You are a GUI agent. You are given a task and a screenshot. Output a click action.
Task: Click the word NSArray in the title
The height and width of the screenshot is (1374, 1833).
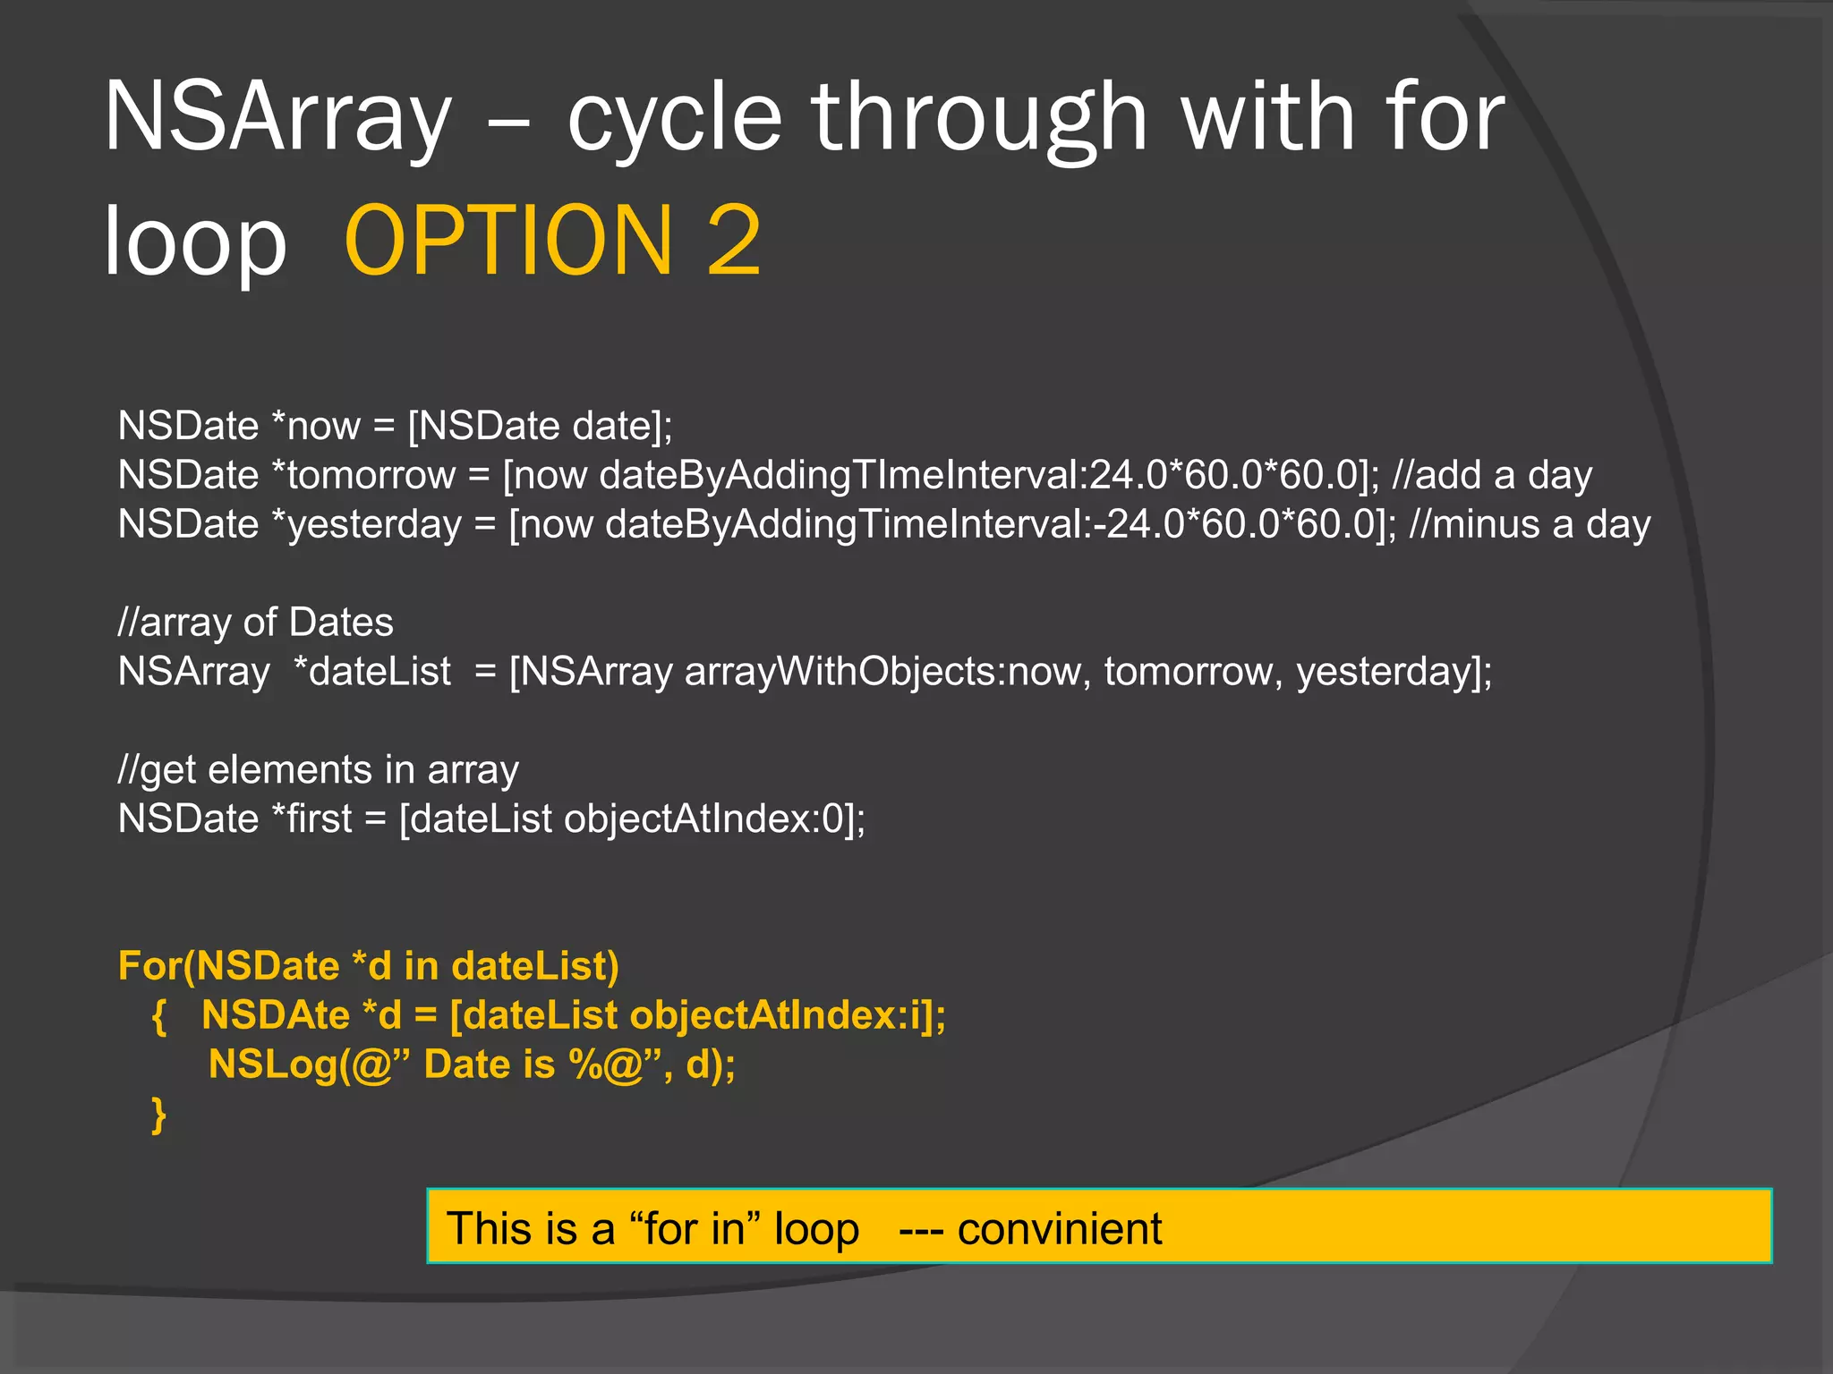pyautogui.click(x=278, y=117)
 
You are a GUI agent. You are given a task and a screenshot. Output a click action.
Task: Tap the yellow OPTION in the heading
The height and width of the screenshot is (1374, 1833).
pyautogui.click(x=507, y=241)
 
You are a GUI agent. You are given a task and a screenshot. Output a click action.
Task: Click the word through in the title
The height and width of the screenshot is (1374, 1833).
pyautogui.click(x=979, y=117)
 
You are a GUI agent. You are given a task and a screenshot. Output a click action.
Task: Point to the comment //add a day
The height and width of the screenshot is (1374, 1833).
pyautogui.click(x=1492, y=475)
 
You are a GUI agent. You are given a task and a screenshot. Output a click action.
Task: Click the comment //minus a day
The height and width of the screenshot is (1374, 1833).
pyautogui.click(x=1529, y=524)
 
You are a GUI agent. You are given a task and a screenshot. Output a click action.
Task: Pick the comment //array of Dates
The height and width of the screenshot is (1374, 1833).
pyautogui.click(x=255, y=623)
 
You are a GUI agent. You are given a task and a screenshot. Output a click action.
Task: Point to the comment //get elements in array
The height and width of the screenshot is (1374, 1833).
pyautogui.click(x=318, y=770)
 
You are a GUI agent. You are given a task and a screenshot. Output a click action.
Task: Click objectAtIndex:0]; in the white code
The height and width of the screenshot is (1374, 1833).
pyautogui.click(x=714, y=819)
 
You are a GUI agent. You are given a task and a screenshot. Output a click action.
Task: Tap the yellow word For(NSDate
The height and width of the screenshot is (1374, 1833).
pyautogui.click(x=229, y=967)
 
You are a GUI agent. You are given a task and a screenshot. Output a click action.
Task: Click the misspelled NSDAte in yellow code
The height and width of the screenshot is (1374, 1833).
pyautogui.click(x=276, y=1015)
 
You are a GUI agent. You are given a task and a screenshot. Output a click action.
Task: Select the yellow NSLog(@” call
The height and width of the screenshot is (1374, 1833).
pyautogui.click(x=309, y=1064)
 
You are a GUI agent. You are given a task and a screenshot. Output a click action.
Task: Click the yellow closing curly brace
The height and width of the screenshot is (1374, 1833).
pyautogui.click(x=159, y=1115)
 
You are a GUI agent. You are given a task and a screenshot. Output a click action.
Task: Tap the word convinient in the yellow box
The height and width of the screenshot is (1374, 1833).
pyautogui.click(x=1059, y=1229)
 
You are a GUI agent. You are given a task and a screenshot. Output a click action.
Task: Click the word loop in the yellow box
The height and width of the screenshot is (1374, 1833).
pyautogui.click(x=816, y=1229)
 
